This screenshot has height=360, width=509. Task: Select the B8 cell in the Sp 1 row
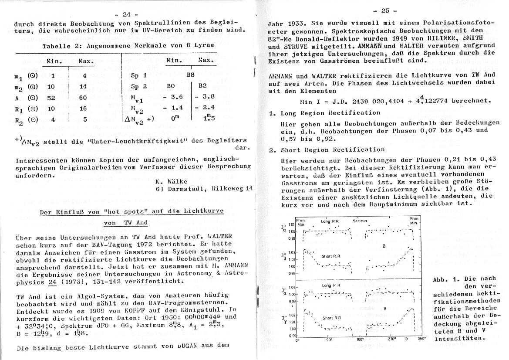click(190, 75)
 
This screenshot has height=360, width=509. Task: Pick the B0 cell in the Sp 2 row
click(170, 86)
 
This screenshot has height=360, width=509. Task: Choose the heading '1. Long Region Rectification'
click(324, 112)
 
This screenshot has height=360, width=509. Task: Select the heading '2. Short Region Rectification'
click(326, 149)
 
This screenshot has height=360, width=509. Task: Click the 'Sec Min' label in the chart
click(361, 221)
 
